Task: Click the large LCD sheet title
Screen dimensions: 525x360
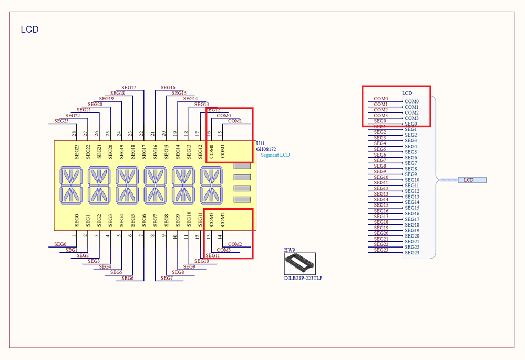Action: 29,29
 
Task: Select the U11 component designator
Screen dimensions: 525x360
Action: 260,143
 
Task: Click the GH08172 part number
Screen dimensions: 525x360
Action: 266,149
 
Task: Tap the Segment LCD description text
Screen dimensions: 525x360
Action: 275,155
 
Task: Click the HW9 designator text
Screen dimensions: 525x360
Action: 290,250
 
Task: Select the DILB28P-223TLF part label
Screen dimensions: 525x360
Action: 303,278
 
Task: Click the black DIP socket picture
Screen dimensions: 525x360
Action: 300,263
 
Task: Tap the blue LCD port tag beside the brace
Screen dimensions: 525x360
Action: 472,180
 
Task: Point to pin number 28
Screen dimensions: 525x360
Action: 74,133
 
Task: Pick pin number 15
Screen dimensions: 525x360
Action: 220,133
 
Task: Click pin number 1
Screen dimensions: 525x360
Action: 74,235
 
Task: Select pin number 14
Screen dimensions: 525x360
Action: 220,236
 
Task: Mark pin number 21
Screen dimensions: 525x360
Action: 152,133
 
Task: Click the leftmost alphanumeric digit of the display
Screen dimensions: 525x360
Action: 71,185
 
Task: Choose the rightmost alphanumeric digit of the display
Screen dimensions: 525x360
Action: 211,185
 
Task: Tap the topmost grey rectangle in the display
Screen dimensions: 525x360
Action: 242,166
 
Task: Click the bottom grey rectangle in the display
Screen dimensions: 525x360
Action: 242,200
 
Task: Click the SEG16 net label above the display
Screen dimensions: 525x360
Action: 168,87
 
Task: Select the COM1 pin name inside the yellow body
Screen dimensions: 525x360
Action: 223,151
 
